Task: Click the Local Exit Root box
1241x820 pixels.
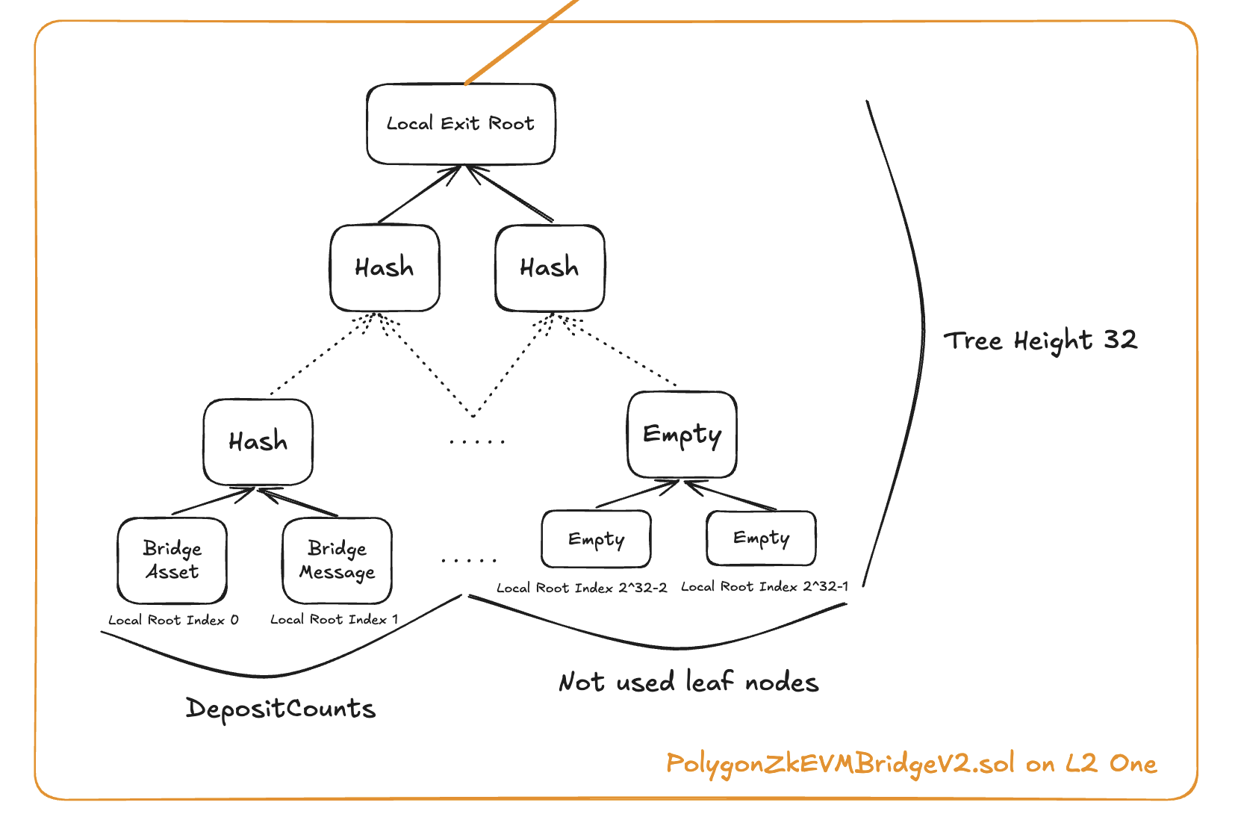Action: coord(461,124)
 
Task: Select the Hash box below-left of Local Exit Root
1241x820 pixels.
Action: coord(385,268)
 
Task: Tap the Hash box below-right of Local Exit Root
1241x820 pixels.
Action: coord(550,268)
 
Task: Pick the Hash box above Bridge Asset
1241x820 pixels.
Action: coord(258,442)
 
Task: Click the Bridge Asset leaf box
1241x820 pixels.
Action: coord(172,561)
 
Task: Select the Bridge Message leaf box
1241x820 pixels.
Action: coord(337,561)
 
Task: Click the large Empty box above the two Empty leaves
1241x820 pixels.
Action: coord(682,435)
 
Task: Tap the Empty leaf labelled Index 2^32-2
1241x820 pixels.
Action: coord(596,539)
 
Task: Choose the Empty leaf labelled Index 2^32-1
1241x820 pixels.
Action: coord(761,538)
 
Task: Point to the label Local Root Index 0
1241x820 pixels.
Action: coord(173,620)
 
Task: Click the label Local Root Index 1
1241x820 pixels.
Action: coord(334,620)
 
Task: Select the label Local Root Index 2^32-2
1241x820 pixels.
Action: coord(582,588)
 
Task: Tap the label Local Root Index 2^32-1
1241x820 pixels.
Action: coord(764,587)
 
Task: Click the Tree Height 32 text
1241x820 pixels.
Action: coord(1040,341)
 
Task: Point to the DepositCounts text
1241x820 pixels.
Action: coord(280,708)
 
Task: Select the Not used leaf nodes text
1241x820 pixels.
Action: coord(688,682)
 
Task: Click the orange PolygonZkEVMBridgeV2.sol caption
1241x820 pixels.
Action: coord(911,764)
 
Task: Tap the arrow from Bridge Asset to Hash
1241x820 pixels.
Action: coord(213,501)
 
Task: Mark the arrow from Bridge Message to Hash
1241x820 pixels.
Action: coord(299,502)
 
